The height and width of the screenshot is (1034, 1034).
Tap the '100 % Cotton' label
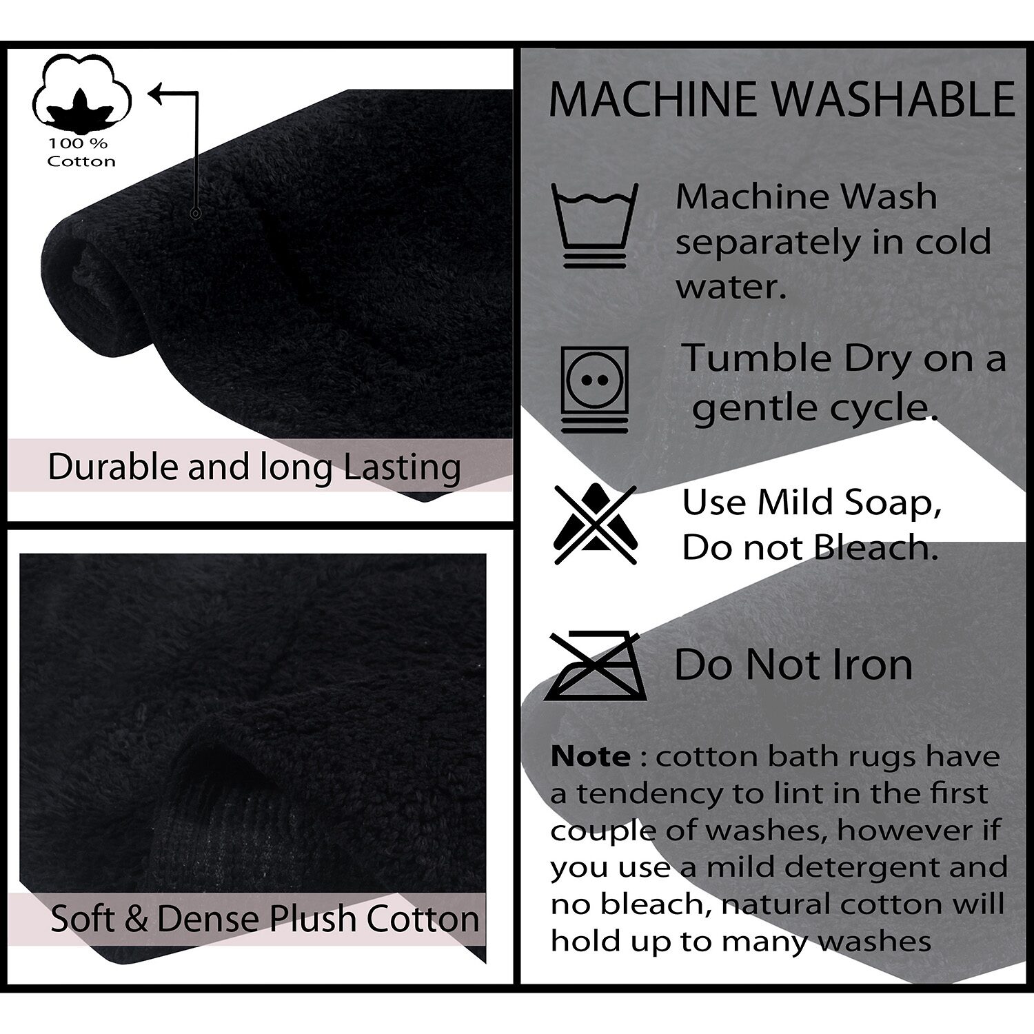(x=81, y=152)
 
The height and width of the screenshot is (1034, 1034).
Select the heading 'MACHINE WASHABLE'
(x=782, y=99)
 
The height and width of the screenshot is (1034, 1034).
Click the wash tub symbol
(x=595, y=225)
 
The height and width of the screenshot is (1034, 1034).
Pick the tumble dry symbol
(x=595, y=389)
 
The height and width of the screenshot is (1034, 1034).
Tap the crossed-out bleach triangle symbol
(x=595, y=525)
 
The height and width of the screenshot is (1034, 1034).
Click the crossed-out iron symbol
(x=594, y=665)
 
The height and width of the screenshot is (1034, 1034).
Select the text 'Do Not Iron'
(x=793, y=665)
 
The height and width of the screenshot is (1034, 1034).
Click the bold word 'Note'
(x=591, y=756)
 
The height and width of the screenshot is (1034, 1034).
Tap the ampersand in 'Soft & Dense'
(x=136, y=920)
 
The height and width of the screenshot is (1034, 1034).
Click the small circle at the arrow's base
(x=196, y=214)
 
